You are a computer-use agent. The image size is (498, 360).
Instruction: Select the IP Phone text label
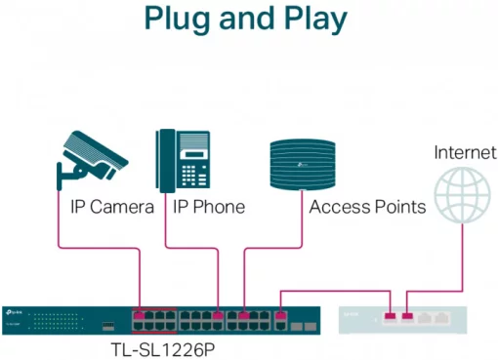pos(208,208)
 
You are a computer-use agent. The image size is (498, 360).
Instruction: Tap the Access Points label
pos(366,208)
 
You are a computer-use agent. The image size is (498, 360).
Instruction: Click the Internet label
pos(465,152)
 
